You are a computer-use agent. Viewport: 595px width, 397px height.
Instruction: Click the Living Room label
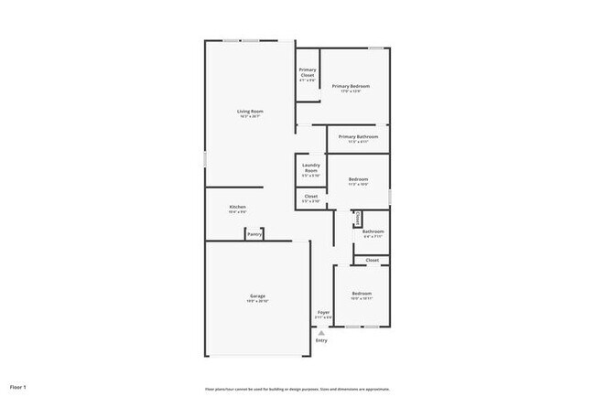pyautogui.click(x=250, y=112)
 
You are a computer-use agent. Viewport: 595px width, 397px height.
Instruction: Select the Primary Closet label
pyautogui.click(x=308, y=72)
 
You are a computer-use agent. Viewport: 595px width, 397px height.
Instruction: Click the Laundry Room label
pyautogui.click(x=311, y=168)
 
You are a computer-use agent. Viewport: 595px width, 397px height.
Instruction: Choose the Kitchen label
pyautogui.click(x=237, y=208)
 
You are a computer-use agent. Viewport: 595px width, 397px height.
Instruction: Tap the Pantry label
pyautogui.click(x=255, y=235)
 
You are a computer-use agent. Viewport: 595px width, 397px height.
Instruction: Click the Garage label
pyautogui.click(x=258, y=295)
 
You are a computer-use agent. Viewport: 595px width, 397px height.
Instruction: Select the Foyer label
pyautogui.click(x=324, y=313)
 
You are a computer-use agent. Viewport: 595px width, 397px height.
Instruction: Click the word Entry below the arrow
pyautogui.click(x=321, y=340)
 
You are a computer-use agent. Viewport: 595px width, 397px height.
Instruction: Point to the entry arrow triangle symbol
pyautogui.click(x=321, y=333)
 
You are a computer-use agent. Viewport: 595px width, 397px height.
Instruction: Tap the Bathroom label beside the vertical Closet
pyautogui.click(x=373, y=231)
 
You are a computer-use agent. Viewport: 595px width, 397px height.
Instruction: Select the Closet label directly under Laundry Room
pyautogui.click(x=311, y=196)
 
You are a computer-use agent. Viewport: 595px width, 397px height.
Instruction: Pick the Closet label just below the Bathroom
pyautogui.click(x=373, y=261)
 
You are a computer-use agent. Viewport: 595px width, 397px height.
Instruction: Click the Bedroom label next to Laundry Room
pyautogui.click(x=358, y=179)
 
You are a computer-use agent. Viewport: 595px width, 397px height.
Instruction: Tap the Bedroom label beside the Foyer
pyautogui.click(x=362, y=294)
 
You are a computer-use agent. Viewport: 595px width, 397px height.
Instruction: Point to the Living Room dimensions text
pyautogui.click(x=250, y=117)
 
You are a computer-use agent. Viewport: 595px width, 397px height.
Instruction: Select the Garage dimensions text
pyautogui.click(x=258, y=301)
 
